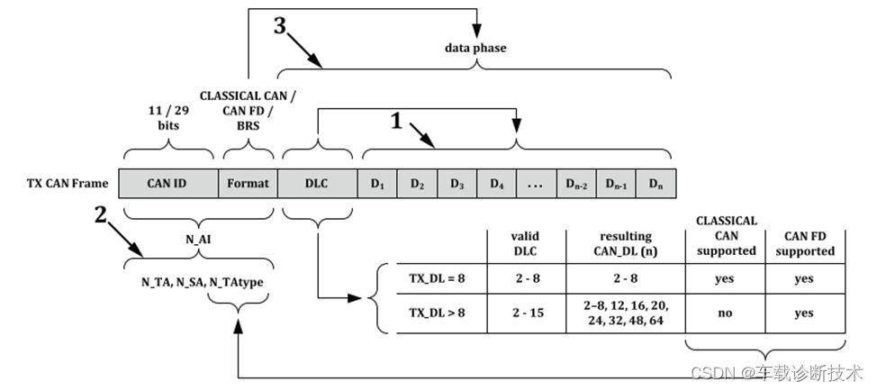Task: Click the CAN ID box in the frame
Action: (167, 184)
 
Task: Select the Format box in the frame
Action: (248, 184)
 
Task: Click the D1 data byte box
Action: (377, 184)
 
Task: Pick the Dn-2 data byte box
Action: (577, 184)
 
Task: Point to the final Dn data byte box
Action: (655, 184)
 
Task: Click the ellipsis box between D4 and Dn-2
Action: (537, 184)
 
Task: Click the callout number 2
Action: (102, 214)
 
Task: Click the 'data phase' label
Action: (475, 47)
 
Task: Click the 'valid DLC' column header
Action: (525, 242)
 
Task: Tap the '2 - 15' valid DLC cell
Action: (525, 314)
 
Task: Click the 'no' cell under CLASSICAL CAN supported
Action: (726, 314)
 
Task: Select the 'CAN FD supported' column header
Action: (803, 242)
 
